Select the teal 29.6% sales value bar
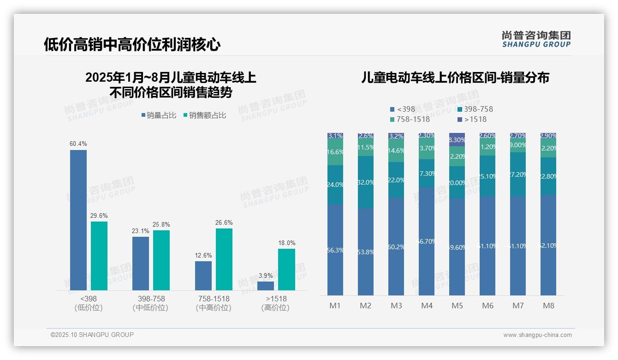tap(99, 256)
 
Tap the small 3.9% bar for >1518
tap(266, 286)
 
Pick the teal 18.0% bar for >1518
tap(286, 270)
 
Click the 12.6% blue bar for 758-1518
tap(203, 276)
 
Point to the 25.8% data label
tap(161, 225)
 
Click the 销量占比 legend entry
tap(159, 115)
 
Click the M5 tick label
tap(457, 306)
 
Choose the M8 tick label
tap(548, 306)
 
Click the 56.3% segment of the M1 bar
tap(335, 250)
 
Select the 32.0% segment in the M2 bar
tap(366, 182)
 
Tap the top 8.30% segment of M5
tap(457, 139)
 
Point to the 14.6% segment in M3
tap(396, 151)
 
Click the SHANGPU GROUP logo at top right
tap(536, 39)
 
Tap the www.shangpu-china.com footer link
tap(537, 335)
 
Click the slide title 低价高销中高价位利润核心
tap(132, 44)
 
